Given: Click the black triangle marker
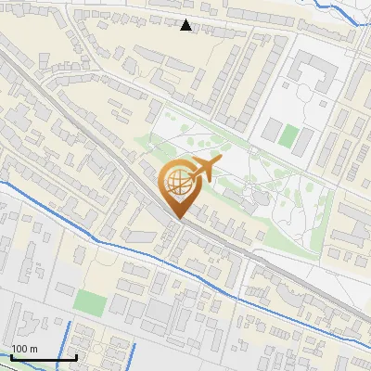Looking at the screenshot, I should click(x=186, y=25).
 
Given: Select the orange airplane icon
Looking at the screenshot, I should click(x=203, y=170).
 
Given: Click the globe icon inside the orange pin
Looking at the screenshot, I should click(x=178, y=185).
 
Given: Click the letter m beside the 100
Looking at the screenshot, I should click(x=34, y=349).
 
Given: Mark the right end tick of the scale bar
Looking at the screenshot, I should click(x=76, y=356).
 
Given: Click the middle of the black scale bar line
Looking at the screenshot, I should click(x=43, y=357).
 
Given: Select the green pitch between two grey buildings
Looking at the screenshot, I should click(x=289, y=136).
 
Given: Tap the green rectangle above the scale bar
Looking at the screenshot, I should click(x=91, y=301).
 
